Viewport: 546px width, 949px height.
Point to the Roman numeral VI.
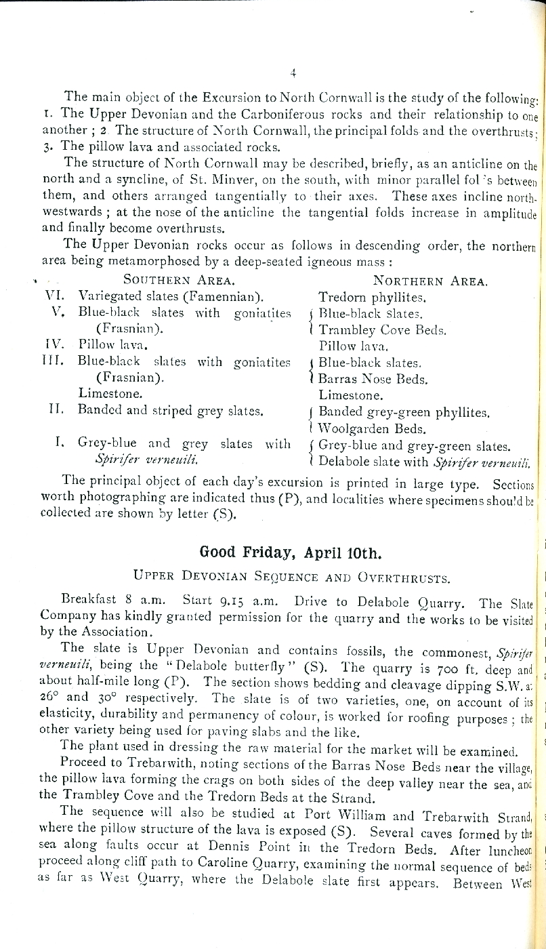pos(54,296)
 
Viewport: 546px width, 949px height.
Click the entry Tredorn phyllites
pos(372,297)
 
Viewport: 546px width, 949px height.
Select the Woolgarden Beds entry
pos(373,429)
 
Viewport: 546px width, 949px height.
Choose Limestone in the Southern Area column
pos(109,394)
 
